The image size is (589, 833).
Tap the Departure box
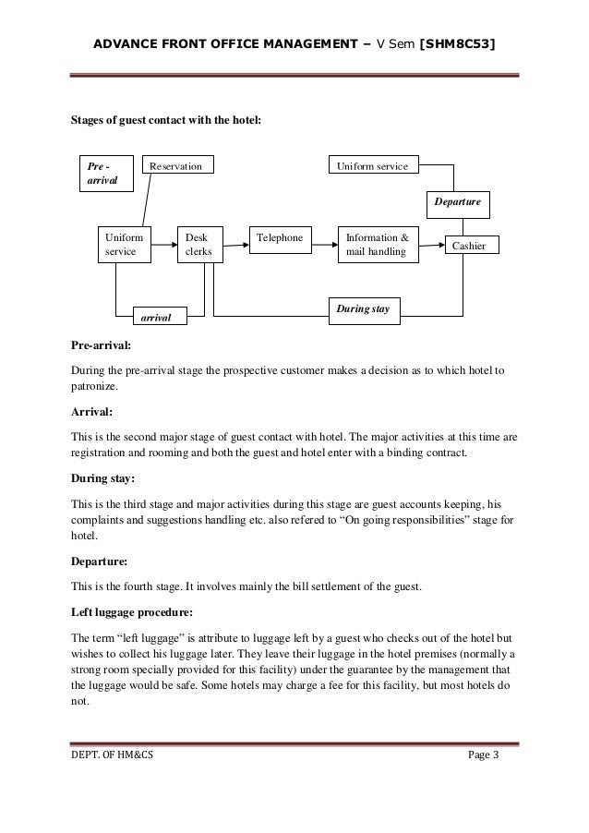click(x=459, y=201)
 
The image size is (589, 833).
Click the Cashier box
click(x=471, y=245)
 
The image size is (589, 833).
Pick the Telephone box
click(x=281, y=238)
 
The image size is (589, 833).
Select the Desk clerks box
click(x=199, y=244)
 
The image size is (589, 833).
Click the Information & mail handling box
click(x=377, y=244)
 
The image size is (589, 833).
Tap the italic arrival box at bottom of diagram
click(x=160, y=317)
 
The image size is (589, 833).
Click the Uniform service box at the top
click(x=375, y=165)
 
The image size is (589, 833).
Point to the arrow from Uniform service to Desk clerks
click(x=163, y=245)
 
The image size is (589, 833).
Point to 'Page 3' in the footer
click(x=483, y=758)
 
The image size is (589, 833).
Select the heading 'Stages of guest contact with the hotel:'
click(x=167, y=120)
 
